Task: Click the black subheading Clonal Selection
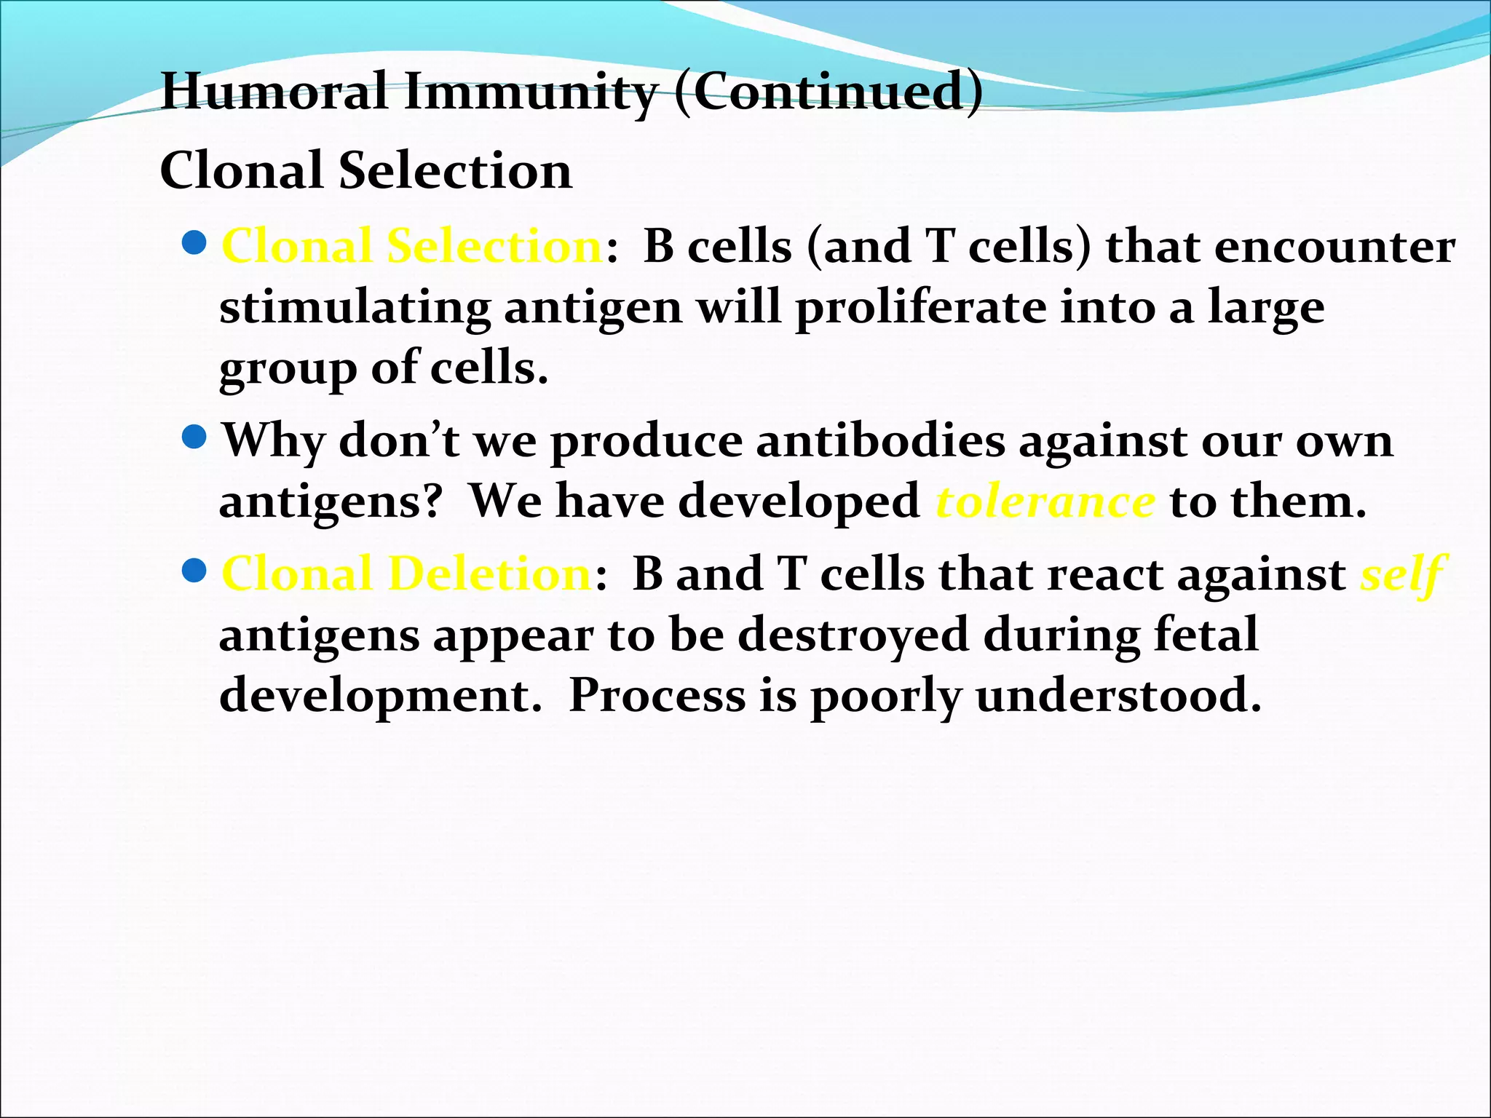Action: (365, 170)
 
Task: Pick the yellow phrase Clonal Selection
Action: (411, 246)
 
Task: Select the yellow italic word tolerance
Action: (1045, 501)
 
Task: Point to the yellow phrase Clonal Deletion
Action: (406, 574)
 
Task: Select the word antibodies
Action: (880, 440)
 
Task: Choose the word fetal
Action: (1206, 634)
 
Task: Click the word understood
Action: (1118, 695)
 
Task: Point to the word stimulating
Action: (355, 309)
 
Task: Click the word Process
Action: (657, 695)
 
